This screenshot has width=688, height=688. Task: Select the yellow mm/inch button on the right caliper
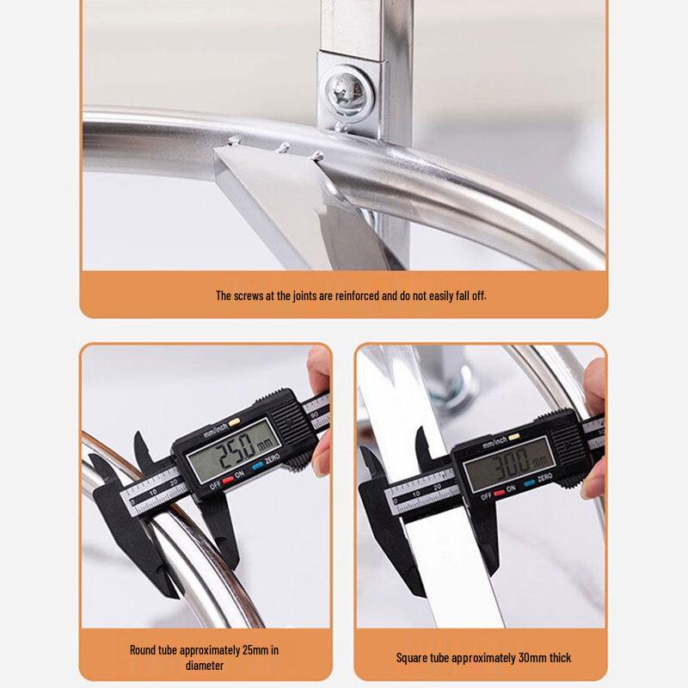(x=518, y=441)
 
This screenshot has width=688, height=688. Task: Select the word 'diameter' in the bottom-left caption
(x=206, y=665)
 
